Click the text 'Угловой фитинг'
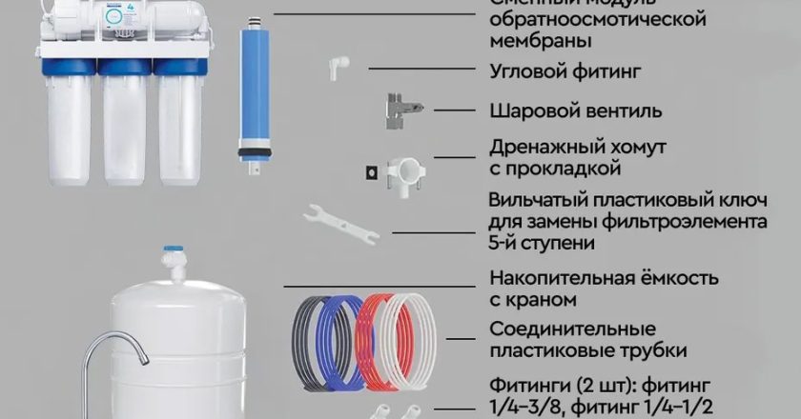coord(551,71)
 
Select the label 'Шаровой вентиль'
coord(561,110)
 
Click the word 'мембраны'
coord(538,41)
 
